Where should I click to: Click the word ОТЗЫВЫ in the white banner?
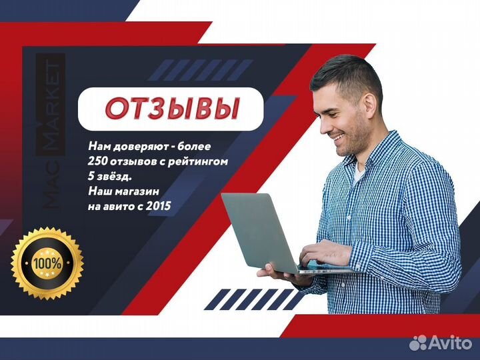click(173, 109)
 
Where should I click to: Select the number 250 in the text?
click(98, 161)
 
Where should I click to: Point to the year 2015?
click(158, 206)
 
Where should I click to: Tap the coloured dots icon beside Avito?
click(418, 342)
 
